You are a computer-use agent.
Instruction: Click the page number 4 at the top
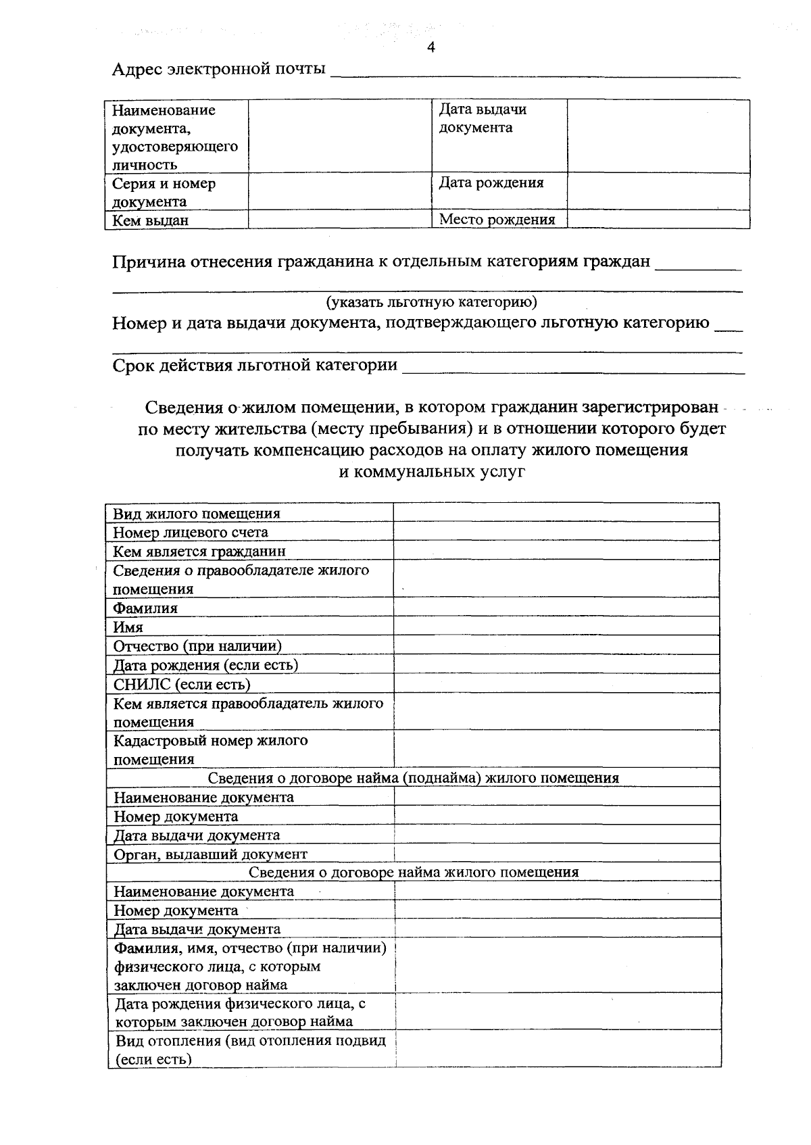(431, 47)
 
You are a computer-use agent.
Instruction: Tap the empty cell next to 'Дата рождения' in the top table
(658, 191)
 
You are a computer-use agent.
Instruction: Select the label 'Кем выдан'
(150, 220)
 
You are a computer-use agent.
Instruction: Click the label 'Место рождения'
(497, 220)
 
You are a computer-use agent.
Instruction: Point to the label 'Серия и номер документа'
(164, 193)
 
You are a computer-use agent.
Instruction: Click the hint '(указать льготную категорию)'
(431, 301)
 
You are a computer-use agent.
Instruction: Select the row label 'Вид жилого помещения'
(197, 514)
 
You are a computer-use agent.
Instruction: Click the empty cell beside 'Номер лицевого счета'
(556, 532)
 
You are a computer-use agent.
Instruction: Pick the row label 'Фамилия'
(145, 608)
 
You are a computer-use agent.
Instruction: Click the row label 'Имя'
(128, 627)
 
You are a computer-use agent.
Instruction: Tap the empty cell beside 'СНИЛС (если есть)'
(556, 684)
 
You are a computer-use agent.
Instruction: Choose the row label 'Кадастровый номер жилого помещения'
(210, 750)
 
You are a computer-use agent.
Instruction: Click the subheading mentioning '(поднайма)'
(413, 778)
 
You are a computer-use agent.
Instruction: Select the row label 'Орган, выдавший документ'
(210, 854)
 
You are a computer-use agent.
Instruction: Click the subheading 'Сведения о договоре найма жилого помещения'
(413, 872)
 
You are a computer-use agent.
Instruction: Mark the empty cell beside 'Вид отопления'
(558, 1049)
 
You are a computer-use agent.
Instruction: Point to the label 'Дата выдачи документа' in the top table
(483, 118)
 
